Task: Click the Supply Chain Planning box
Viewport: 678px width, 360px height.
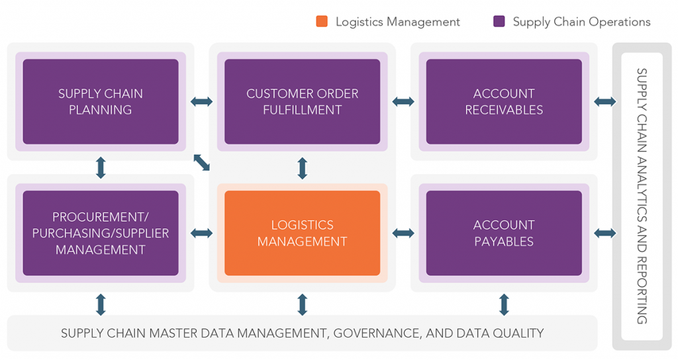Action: point(101,101)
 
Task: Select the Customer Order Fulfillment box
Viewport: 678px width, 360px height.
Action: point(302,101)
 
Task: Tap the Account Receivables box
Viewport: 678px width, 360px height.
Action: point(504,101)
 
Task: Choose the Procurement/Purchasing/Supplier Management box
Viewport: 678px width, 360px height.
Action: point(101,233)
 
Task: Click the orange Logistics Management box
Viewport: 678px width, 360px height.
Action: point(302,233)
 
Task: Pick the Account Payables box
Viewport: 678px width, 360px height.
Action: point(504,233)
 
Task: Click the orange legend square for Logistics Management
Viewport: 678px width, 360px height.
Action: point(322,22)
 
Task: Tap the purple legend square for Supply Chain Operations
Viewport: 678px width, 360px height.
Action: point(499,22)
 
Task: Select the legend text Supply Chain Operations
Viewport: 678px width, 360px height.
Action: point(581,22)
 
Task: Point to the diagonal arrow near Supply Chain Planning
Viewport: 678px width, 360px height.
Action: point(201,162)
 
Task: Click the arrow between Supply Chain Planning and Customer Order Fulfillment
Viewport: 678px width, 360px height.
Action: point(201,101)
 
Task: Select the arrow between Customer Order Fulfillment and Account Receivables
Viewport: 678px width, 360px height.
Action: point(403,101)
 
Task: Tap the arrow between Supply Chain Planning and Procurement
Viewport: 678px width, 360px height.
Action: point(101,167)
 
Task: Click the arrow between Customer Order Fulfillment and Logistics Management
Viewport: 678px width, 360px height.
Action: point(302,167)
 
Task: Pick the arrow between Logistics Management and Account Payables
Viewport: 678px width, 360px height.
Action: point(403,234)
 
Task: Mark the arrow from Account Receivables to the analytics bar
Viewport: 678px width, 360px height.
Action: point(605,101)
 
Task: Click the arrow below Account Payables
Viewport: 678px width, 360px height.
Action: point(504,304)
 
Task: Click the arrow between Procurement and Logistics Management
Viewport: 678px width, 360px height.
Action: point(201,234)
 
